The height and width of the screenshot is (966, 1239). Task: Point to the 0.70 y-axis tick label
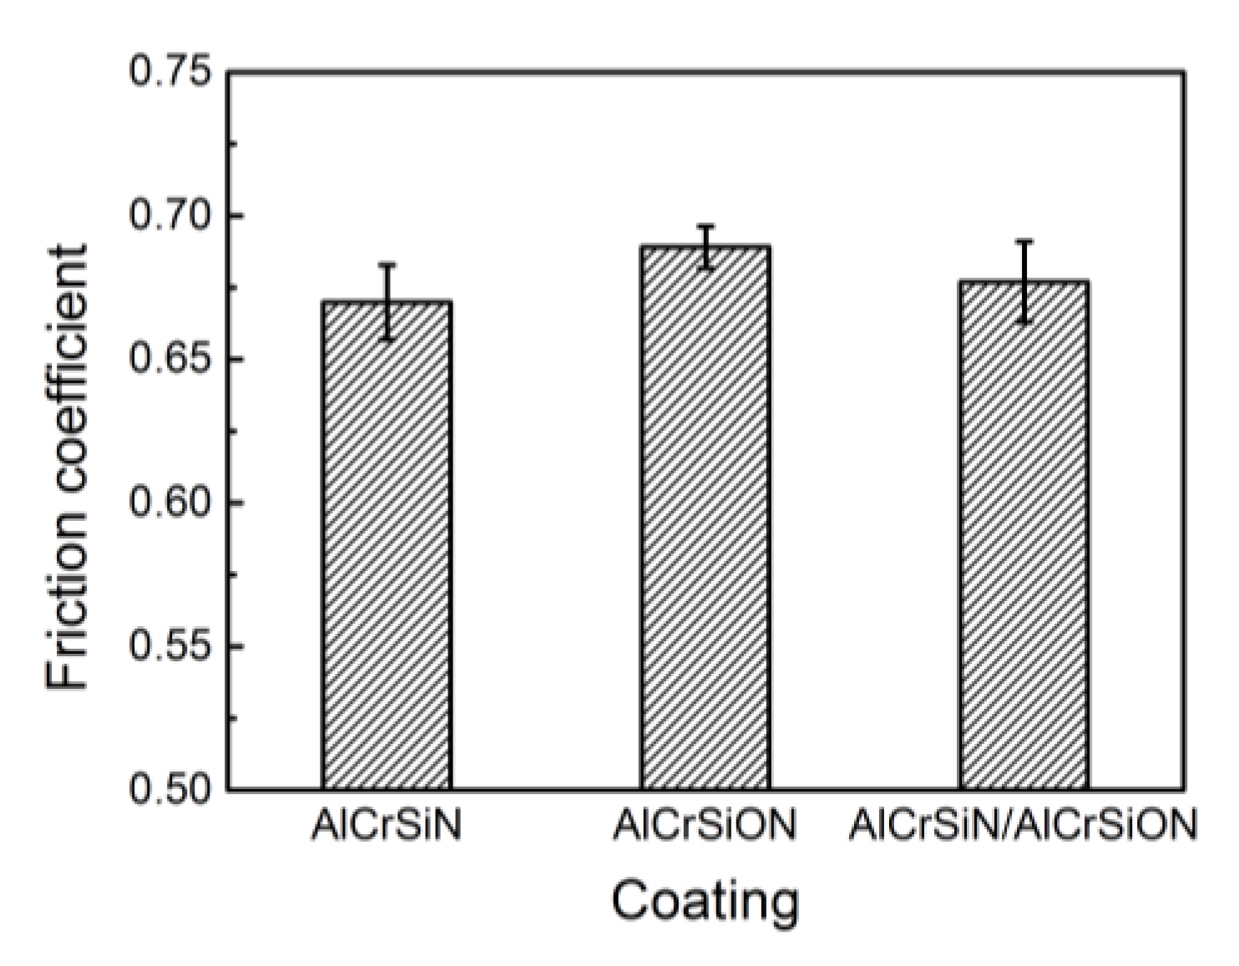click(169, 216)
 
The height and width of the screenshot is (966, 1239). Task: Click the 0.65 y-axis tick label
click(169, 360)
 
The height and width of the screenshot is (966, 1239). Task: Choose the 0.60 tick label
click(169, 503)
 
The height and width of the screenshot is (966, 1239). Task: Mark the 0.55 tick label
click(169, 646)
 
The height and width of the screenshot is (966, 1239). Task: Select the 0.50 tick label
click(169, 789)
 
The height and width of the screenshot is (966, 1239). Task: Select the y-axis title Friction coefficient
click(67, 468)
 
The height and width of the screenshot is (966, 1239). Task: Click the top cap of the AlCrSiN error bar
click(387, 265)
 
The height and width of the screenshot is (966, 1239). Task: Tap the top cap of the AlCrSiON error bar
click(705, 226)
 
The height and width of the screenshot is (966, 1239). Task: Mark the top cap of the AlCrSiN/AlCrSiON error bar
click(1024, 241)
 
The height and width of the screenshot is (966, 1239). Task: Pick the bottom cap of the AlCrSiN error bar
click(387, 339)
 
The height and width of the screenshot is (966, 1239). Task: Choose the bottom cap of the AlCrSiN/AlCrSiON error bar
click(1024, 321)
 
